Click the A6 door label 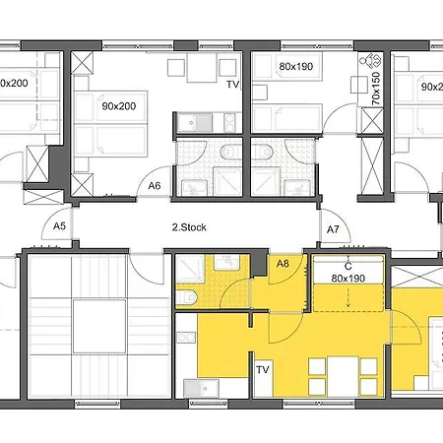coord(155,186)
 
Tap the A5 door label coord(59,225)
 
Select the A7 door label coord(333,229)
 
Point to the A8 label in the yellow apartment coord(283,263)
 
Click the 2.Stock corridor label coord(189,227)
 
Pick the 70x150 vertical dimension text coord(376,89)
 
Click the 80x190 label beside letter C coord(348,279)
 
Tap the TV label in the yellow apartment coord(263,370)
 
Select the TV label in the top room coord(232,85)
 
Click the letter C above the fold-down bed coord(348,266)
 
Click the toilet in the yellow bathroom coord(186,297)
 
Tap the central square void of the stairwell coord(99,326)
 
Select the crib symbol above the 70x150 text coord(370,61)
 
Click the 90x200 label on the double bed coord(119,106)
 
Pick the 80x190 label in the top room coord(296,66)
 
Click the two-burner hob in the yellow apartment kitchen coord(186,338)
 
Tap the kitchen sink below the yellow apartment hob coord(201,388)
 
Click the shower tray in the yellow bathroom coord(191,269)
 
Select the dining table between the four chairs coord(344,377)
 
